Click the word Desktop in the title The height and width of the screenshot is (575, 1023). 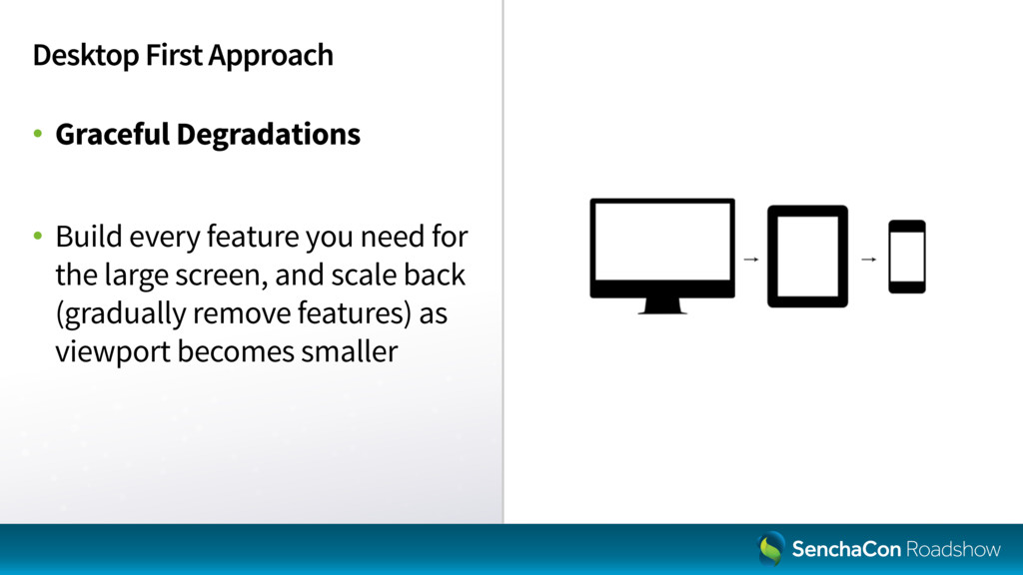tap(86, 56)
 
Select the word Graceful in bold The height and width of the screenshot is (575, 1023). tap(112, 134)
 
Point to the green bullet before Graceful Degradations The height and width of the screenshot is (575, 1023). tap(38, 134)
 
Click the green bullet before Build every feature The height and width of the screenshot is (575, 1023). tap(38, 236)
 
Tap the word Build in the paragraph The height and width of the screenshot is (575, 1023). tap(89, 236)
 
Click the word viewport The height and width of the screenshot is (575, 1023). tap(113, 352)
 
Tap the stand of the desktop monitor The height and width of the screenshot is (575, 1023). tap(662, 306)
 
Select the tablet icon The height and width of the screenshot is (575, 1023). tap(807, 257)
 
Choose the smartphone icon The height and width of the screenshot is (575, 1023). tap(907, 257)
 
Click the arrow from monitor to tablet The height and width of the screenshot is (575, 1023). tap(751, 260)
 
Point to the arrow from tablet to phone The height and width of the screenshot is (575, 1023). tap(868, 260)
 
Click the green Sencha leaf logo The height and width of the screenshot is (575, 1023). tap(771, 548)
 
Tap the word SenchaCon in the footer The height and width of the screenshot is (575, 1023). tap(846, 550)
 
